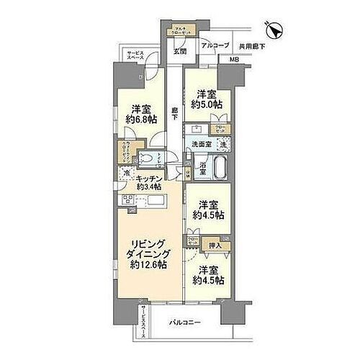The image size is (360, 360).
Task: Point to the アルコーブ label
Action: coord(216,45)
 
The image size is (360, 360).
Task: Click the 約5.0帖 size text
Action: coord(207,104)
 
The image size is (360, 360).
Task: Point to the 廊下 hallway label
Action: coord(176,114)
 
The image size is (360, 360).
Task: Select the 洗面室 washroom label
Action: coord(201,145)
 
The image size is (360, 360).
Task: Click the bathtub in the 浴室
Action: coord(217,173)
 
